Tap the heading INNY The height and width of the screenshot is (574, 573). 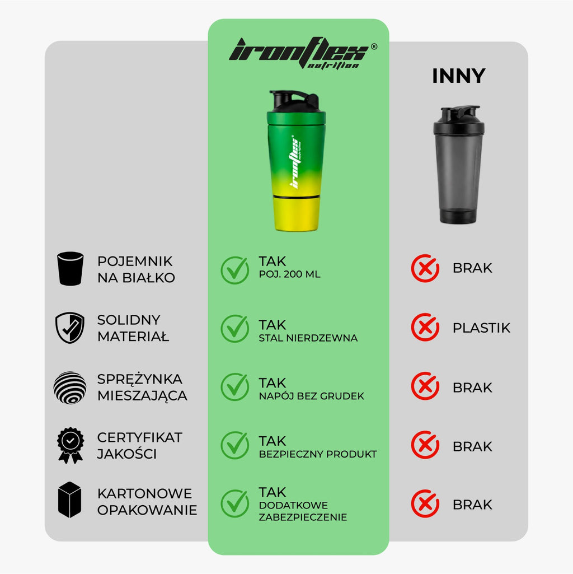(458, 76)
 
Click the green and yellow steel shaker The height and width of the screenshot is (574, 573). (296, 161)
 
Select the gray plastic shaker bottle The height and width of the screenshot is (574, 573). (458, 165)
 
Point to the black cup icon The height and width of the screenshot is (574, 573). (71, 268)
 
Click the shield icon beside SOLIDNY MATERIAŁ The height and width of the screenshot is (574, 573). (70, 328)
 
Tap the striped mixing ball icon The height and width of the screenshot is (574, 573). (70, 388)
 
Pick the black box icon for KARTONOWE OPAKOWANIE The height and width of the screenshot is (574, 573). (69, 500)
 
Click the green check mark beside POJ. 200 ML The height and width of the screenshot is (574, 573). (235, 270)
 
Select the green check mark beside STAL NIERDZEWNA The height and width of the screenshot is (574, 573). (235, 328)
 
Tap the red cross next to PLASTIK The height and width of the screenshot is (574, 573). (425, 327)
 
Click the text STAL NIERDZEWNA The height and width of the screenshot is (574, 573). (308, 338)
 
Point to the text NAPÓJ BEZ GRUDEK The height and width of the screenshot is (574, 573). (311, 396)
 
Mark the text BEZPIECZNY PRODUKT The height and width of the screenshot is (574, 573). (318, 454)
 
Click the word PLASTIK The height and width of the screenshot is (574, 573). (481, 328)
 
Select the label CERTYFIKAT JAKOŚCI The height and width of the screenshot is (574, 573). (139, 446)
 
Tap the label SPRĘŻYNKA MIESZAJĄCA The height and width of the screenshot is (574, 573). (142, 388)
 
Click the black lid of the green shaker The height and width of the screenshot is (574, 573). (296, 101)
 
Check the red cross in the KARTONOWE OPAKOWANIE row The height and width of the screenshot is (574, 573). (425, 503)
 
